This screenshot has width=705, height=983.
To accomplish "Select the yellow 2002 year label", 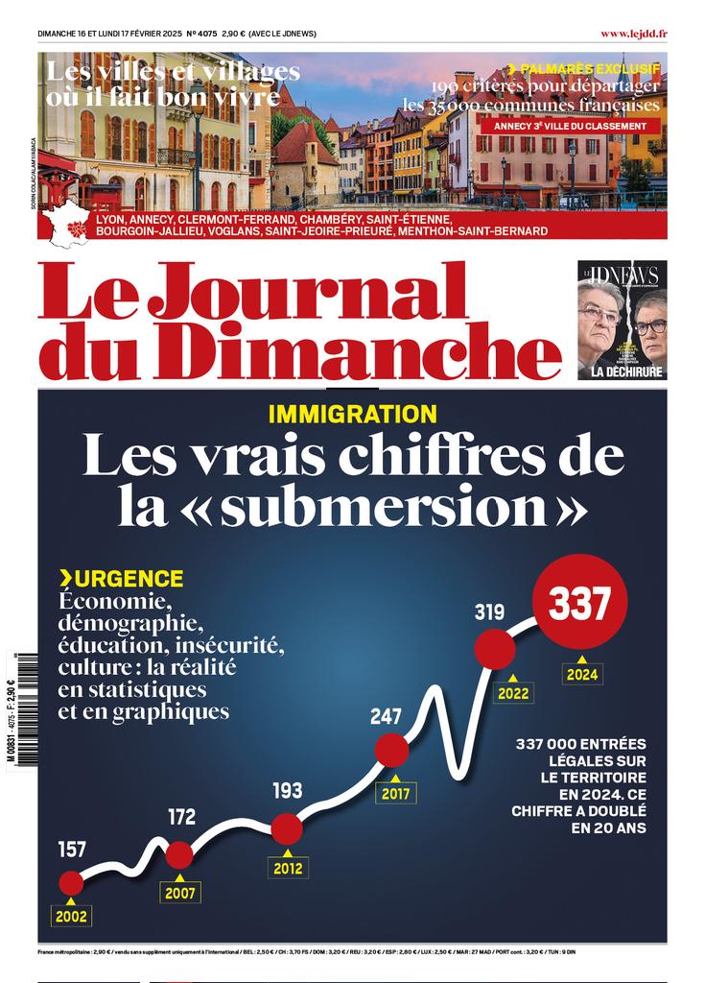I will pos(71,916).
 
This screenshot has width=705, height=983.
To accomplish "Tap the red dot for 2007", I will pos(179,854).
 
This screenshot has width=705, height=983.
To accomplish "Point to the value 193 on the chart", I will pos(287,791).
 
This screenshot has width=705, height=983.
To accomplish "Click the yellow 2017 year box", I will pos(395,795).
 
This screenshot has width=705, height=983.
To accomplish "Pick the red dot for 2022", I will pos(496,650).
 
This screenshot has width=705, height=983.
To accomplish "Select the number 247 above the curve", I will pos(388,716).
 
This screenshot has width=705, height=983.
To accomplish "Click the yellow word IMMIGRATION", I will pos(352,415).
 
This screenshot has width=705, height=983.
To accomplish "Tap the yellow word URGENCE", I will pos(128,579).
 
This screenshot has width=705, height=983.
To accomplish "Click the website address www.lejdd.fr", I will pos(634,34).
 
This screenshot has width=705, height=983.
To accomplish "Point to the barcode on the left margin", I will pos(22,709).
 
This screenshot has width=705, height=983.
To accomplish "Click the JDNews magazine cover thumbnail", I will pos(622,320).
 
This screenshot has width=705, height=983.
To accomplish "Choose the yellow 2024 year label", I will pos(581,674).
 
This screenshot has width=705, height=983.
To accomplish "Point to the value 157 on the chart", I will pos(72,850).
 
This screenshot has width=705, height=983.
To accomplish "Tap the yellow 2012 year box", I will pos(287,868).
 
